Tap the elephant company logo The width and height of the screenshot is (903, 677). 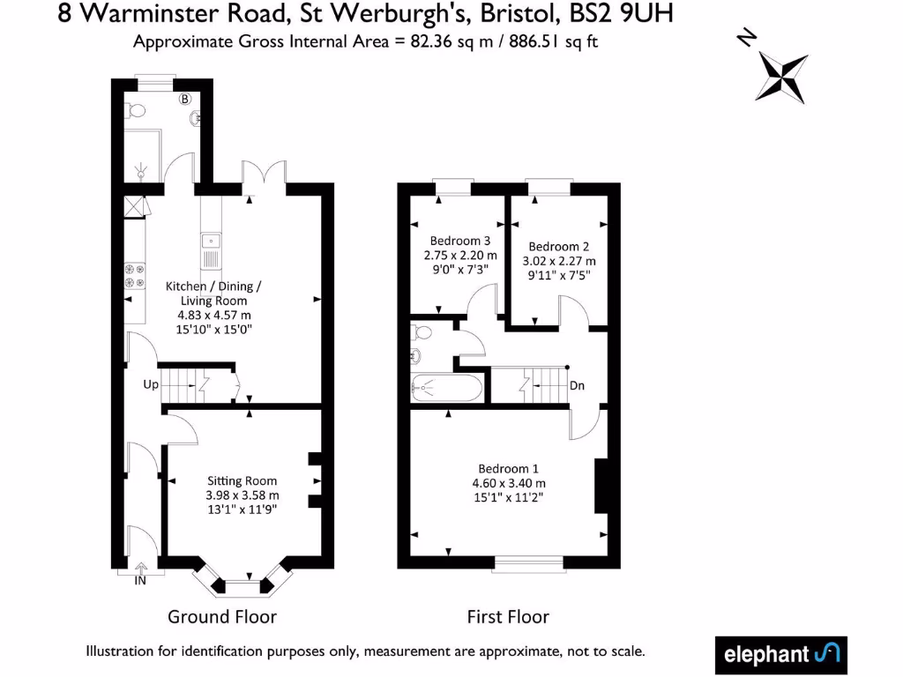coord(780,654)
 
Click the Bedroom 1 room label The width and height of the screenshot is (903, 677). coord(508,468)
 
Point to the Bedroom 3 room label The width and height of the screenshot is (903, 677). coord(459,241)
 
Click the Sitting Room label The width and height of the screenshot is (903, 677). coord(243,480)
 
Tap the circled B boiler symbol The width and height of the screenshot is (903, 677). coord(185,100)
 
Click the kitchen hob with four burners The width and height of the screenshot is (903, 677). coord(135,276)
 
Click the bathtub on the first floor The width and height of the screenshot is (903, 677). coord(447,387)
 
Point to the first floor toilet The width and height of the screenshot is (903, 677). coord(422,332)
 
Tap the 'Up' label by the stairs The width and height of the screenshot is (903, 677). coord(151,385)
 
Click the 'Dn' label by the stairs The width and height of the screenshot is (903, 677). coord(578,385)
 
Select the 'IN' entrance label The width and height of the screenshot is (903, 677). coord(140,581)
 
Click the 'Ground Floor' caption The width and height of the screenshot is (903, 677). coord(222,617)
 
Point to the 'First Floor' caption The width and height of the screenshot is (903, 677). coord(508,617)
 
